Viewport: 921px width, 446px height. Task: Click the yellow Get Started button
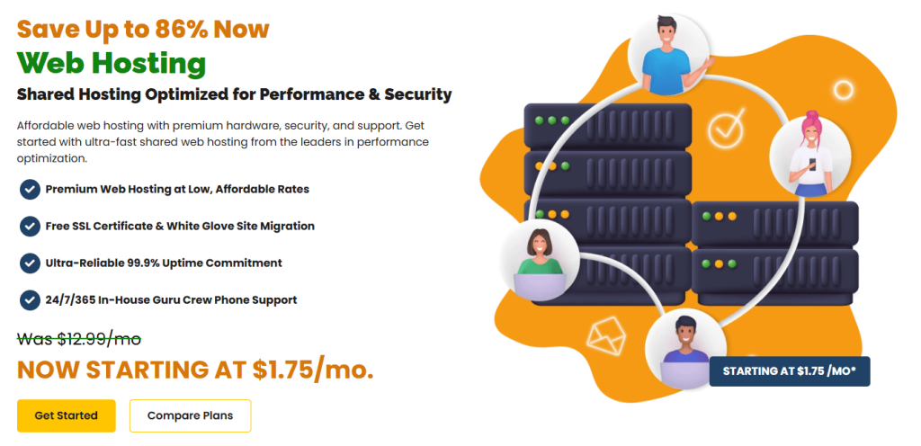pyautogui.click(x=66, y=415)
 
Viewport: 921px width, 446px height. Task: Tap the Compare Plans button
pyautogui.click(x=190, y=415)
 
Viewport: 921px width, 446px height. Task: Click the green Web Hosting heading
pyautogui.click(x=112, y=63)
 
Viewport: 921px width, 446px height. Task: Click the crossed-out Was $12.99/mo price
pyautogui.click(x=79, y=339)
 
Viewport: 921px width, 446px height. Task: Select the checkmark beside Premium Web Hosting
pyautogui.click(x=30, y=189)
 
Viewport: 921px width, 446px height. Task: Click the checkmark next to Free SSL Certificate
pyautogui.click(x=30, y=226)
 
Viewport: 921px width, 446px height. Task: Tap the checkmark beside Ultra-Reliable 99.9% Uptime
pyautogui.click(x=30, y=263)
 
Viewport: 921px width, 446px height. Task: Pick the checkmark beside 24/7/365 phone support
pyautogui.click(x=30, y=299)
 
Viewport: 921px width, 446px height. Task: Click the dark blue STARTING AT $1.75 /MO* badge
pyautogui.click(x=790, y=370)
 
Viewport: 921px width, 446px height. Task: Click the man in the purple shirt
pyautogui.click(x=685, y=352)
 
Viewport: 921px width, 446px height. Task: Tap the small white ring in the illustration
pyautogui.click(x=843, y=90)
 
